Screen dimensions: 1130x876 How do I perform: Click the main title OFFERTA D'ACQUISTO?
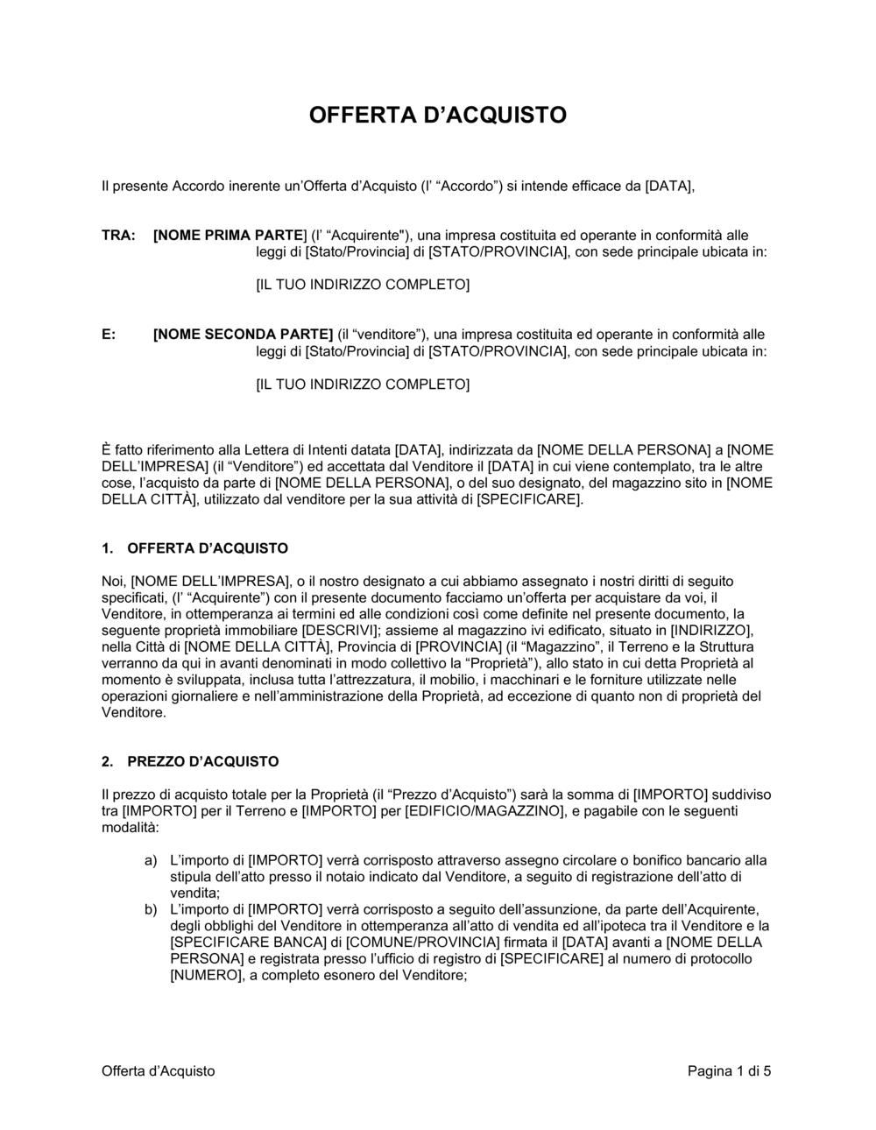437,115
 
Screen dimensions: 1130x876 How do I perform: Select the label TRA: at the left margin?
118,236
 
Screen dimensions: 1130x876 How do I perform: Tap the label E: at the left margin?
109,335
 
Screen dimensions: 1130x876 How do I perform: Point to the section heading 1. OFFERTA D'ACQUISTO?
194,548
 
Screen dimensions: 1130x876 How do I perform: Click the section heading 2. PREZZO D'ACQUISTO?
190,761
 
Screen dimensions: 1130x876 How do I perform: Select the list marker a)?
152,860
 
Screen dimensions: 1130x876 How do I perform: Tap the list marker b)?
152,909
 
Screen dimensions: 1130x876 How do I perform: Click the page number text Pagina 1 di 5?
729,1070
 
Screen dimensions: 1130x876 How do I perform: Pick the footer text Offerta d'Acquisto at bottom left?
158,1070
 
